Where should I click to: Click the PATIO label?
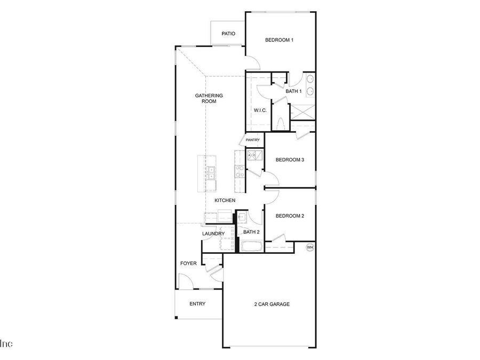point(229,34)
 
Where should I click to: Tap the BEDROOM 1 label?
point(279,40)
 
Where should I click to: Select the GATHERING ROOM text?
point(209,98)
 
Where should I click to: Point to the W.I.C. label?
point(260,110)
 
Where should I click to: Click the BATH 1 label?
point(294,91)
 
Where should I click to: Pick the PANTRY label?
point(253,140)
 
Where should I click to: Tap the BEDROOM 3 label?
point(290,159)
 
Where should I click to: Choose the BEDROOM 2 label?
point(290,215)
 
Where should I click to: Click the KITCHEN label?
point(225,201)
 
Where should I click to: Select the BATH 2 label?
point(251,232)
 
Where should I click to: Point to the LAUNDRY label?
point(213,234)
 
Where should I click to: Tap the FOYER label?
point(188,263)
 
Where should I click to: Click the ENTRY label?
point(197,304)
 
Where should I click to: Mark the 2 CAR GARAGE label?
point(271,304)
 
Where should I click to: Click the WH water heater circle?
point(309,247)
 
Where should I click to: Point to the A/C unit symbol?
point(253,155)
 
